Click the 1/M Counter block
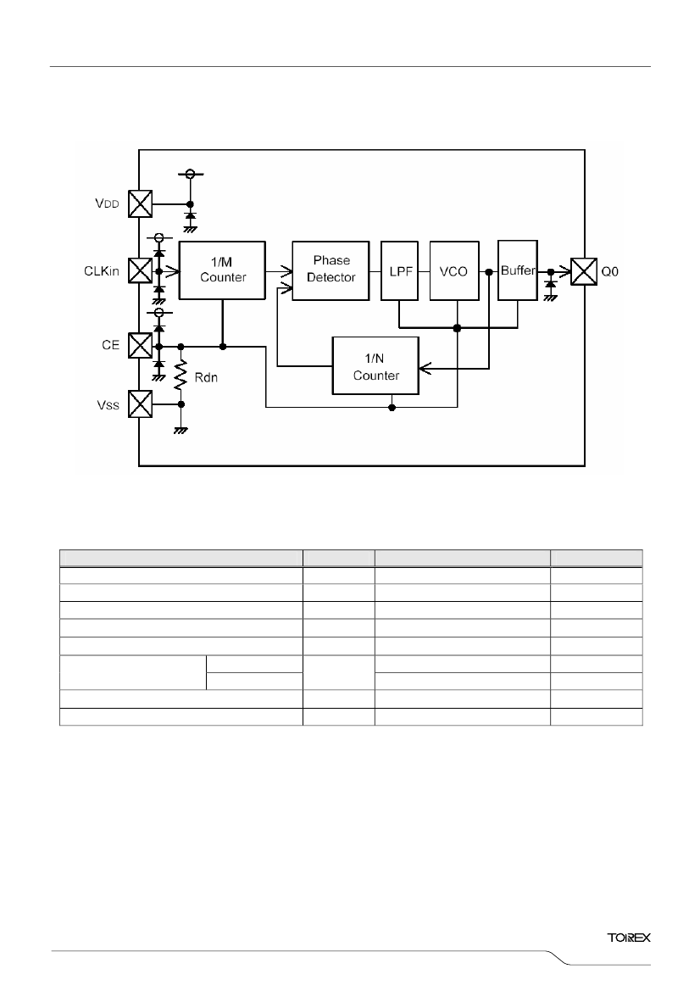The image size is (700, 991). pyautogui.click(x=222, y=270)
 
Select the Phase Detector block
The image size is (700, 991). pyautogui.click(x=331, y=270)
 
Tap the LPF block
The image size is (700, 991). pyautogui.click(x=399, y=270)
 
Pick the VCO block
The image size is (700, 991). pyautogui.click(x=453, y=270)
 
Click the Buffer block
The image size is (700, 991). pyautogui.click(x=518, y=270)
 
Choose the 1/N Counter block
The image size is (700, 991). pyautogui.click(x=375, y=366)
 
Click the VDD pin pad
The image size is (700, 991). pyautogui.click(x=140, y=203)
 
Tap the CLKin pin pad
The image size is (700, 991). pyautogui.click(x=140, y=270)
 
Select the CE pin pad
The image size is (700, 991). pyautogui.click(x=140, y=345)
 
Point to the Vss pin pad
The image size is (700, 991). pyautogui.click(x=140, y=404)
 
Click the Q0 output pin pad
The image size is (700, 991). pyautogui.click(x=584, y=272)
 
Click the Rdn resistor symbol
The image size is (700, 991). pyautogui.click(x=181, y=374)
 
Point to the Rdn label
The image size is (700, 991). pyautogui.click(x=206, y=377)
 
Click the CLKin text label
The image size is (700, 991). pyautogui.click(x=101, y=271)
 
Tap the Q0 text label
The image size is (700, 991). pyautogui.click(x=609, y=272)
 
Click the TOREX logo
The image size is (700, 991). pyautogui.click(x=629, y=938)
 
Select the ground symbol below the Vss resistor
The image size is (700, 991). pyautogui.click(x=181, y=431)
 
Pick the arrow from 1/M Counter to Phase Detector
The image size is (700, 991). pyautogui.click(x=279, y=272)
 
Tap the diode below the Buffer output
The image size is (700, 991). pyautogui.click(x=550, y=284)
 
